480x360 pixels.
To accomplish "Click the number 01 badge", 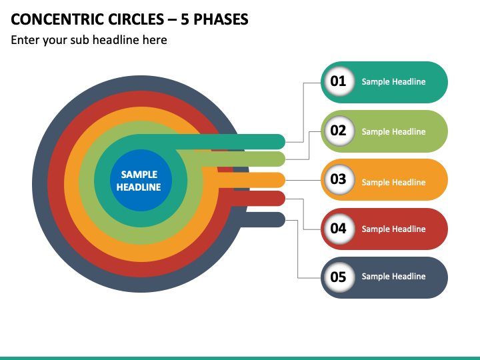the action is coord(339,81).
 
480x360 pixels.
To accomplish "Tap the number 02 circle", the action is coord(339,131).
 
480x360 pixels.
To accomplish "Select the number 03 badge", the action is coord(339,180).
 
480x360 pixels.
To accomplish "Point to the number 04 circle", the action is coord(339,229).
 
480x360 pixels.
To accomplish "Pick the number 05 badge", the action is coord(339,277).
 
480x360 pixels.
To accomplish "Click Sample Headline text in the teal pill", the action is coord(394,82).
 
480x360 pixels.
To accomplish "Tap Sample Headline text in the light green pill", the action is coord(394,131).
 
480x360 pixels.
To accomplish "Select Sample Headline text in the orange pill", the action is coord(394,182).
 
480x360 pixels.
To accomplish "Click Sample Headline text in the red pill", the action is coord(394,229).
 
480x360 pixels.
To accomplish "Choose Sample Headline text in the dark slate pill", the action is coord(394,277).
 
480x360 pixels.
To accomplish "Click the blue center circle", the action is coord(141,180).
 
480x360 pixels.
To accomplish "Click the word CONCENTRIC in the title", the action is coord(57,19).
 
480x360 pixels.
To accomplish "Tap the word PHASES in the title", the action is coord(221,19).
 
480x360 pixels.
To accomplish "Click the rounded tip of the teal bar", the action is coord(285,141).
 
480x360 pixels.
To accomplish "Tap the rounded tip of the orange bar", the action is coord(285,180).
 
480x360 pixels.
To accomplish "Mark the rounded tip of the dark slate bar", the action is coord(285,219).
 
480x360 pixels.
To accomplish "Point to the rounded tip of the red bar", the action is coord(285,199).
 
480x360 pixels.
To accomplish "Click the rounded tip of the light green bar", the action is coord(285,159).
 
